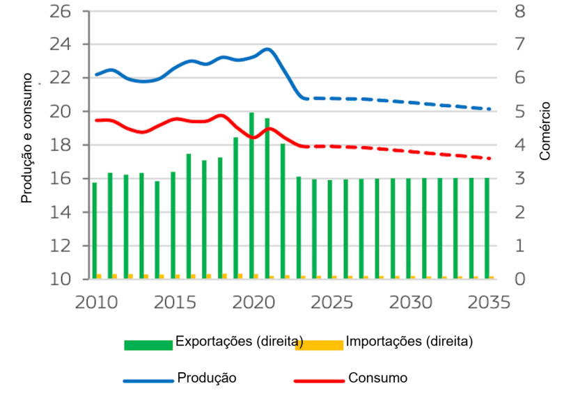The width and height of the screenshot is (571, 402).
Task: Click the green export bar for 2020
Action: [251, 195]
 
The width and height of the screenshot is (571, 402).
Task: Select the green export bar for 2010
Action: [95, 230]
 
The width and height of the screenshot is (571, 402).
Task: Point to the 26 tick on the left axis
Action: [61, 11]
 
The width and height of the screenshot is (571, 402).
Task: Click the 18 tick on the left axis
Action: [61, 145]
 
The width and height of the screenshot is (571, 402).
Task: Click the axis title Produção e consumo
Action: [27, 138]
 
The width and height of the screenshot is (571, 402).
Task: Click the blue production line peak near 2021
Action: [267, 49]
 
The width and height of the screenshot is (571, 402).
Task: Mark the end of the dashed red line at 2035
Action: [490, 159]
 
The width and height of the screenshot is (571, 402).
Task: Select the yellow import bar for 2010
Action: [99, 276]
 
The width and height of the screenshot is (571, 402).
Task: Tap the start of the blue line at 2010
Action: [96, 74]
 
